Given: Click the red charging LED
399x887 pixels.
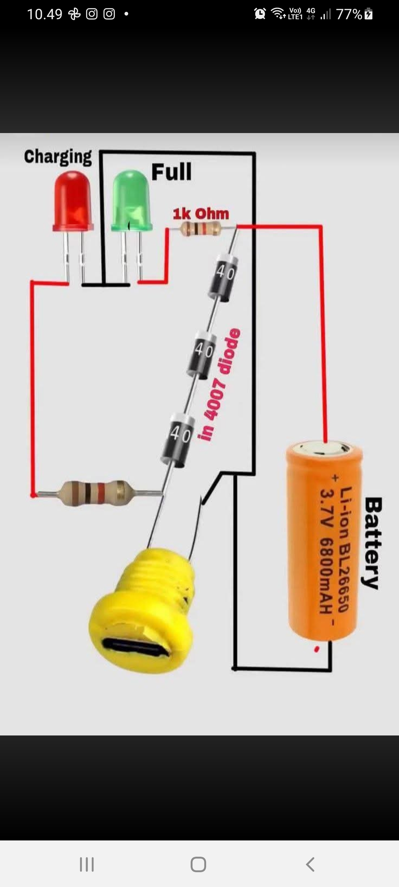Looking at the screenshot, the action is (x=73, y=201).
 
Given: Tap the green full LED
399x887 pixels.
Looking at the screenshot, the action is (x=132, y=201).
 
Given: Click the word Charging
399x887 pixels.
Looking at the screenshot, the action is (x=58, y=157).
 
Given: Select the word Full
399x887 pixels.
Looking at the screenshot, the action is (x=172, y=172).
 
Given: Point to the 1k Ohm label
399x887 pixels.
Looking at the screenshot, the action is (x=201, y=214).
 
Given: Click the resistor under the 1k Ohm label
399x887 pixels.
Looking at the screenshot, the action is (x=201, y=229).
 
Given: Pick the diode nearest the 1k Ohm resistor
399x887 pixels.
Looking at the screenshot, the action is (x=223, y=275).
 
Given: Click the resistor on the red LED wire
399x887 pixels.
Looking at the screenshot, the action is (x=97, y=493).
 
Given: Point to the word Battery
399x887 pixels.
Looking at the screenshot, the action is (x=372, y=543).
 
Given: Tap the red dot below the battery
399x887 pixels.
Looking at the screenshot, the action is (x=317, y=649).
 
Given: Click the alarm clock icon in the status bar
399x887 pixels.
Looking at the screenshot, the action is (x=260, y=14).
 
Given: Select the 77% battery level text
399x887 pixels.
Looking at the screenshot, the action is (x=349, y=14).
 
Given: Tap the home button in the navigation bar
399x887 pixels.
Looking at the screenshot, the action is (x=198, y=864).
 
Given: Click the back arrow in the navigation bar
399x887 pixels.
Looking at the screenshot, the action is (x=310, y=864).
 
